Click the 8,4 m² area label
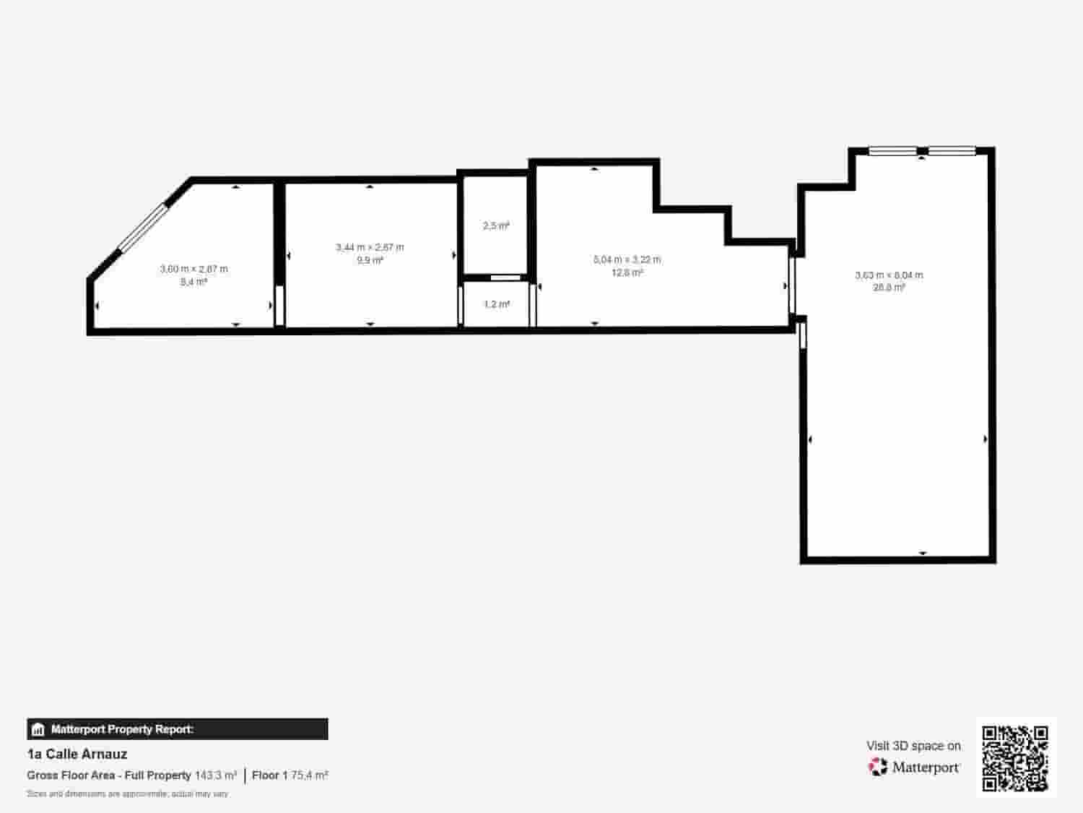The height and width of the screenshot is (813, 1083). point(193,282)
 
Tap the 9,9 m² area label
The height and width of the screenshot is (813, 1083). point(370,260)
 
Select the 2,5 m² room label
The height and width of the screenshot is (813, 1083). point(496,226)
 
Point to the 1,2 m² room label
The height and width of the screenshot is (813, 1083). point(497,304)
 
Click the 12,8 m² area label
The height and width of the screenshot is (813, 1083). point(627,272)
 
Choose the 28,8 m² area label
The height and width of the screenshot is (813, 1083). point(889,288)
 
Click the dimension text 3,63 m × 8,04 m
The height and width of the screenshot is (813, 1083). point(889,275)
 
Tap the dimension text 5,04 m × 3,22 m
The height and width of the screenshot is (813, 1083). point(627,259)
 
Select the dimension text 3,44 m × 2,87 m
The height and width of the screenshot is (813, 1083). point(370,247)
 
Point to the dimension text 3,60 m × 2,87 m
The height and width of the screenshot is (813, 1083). point(193,269)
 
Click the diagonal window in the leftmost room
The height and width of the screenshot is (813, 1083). point(143,228)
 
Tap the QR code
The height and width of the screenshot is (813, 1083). point(1015,758)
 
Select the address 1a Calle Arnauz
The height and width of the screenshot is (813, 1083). point(77,754)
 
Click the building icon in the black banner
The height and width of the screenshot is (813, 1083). point(38,729)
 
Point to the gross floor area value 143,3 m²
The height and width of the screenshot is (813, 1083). point(216,775)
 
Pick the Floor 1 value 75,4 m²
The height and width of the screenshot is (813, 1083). point(309,775)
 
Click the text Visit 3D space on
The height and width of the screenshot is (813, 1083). point(913,746)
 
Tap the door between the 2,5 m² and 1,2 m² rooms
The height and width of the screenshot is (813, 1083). point(505,278)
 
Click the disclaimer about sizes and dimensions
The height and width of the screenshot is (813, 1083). point(127,793)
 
